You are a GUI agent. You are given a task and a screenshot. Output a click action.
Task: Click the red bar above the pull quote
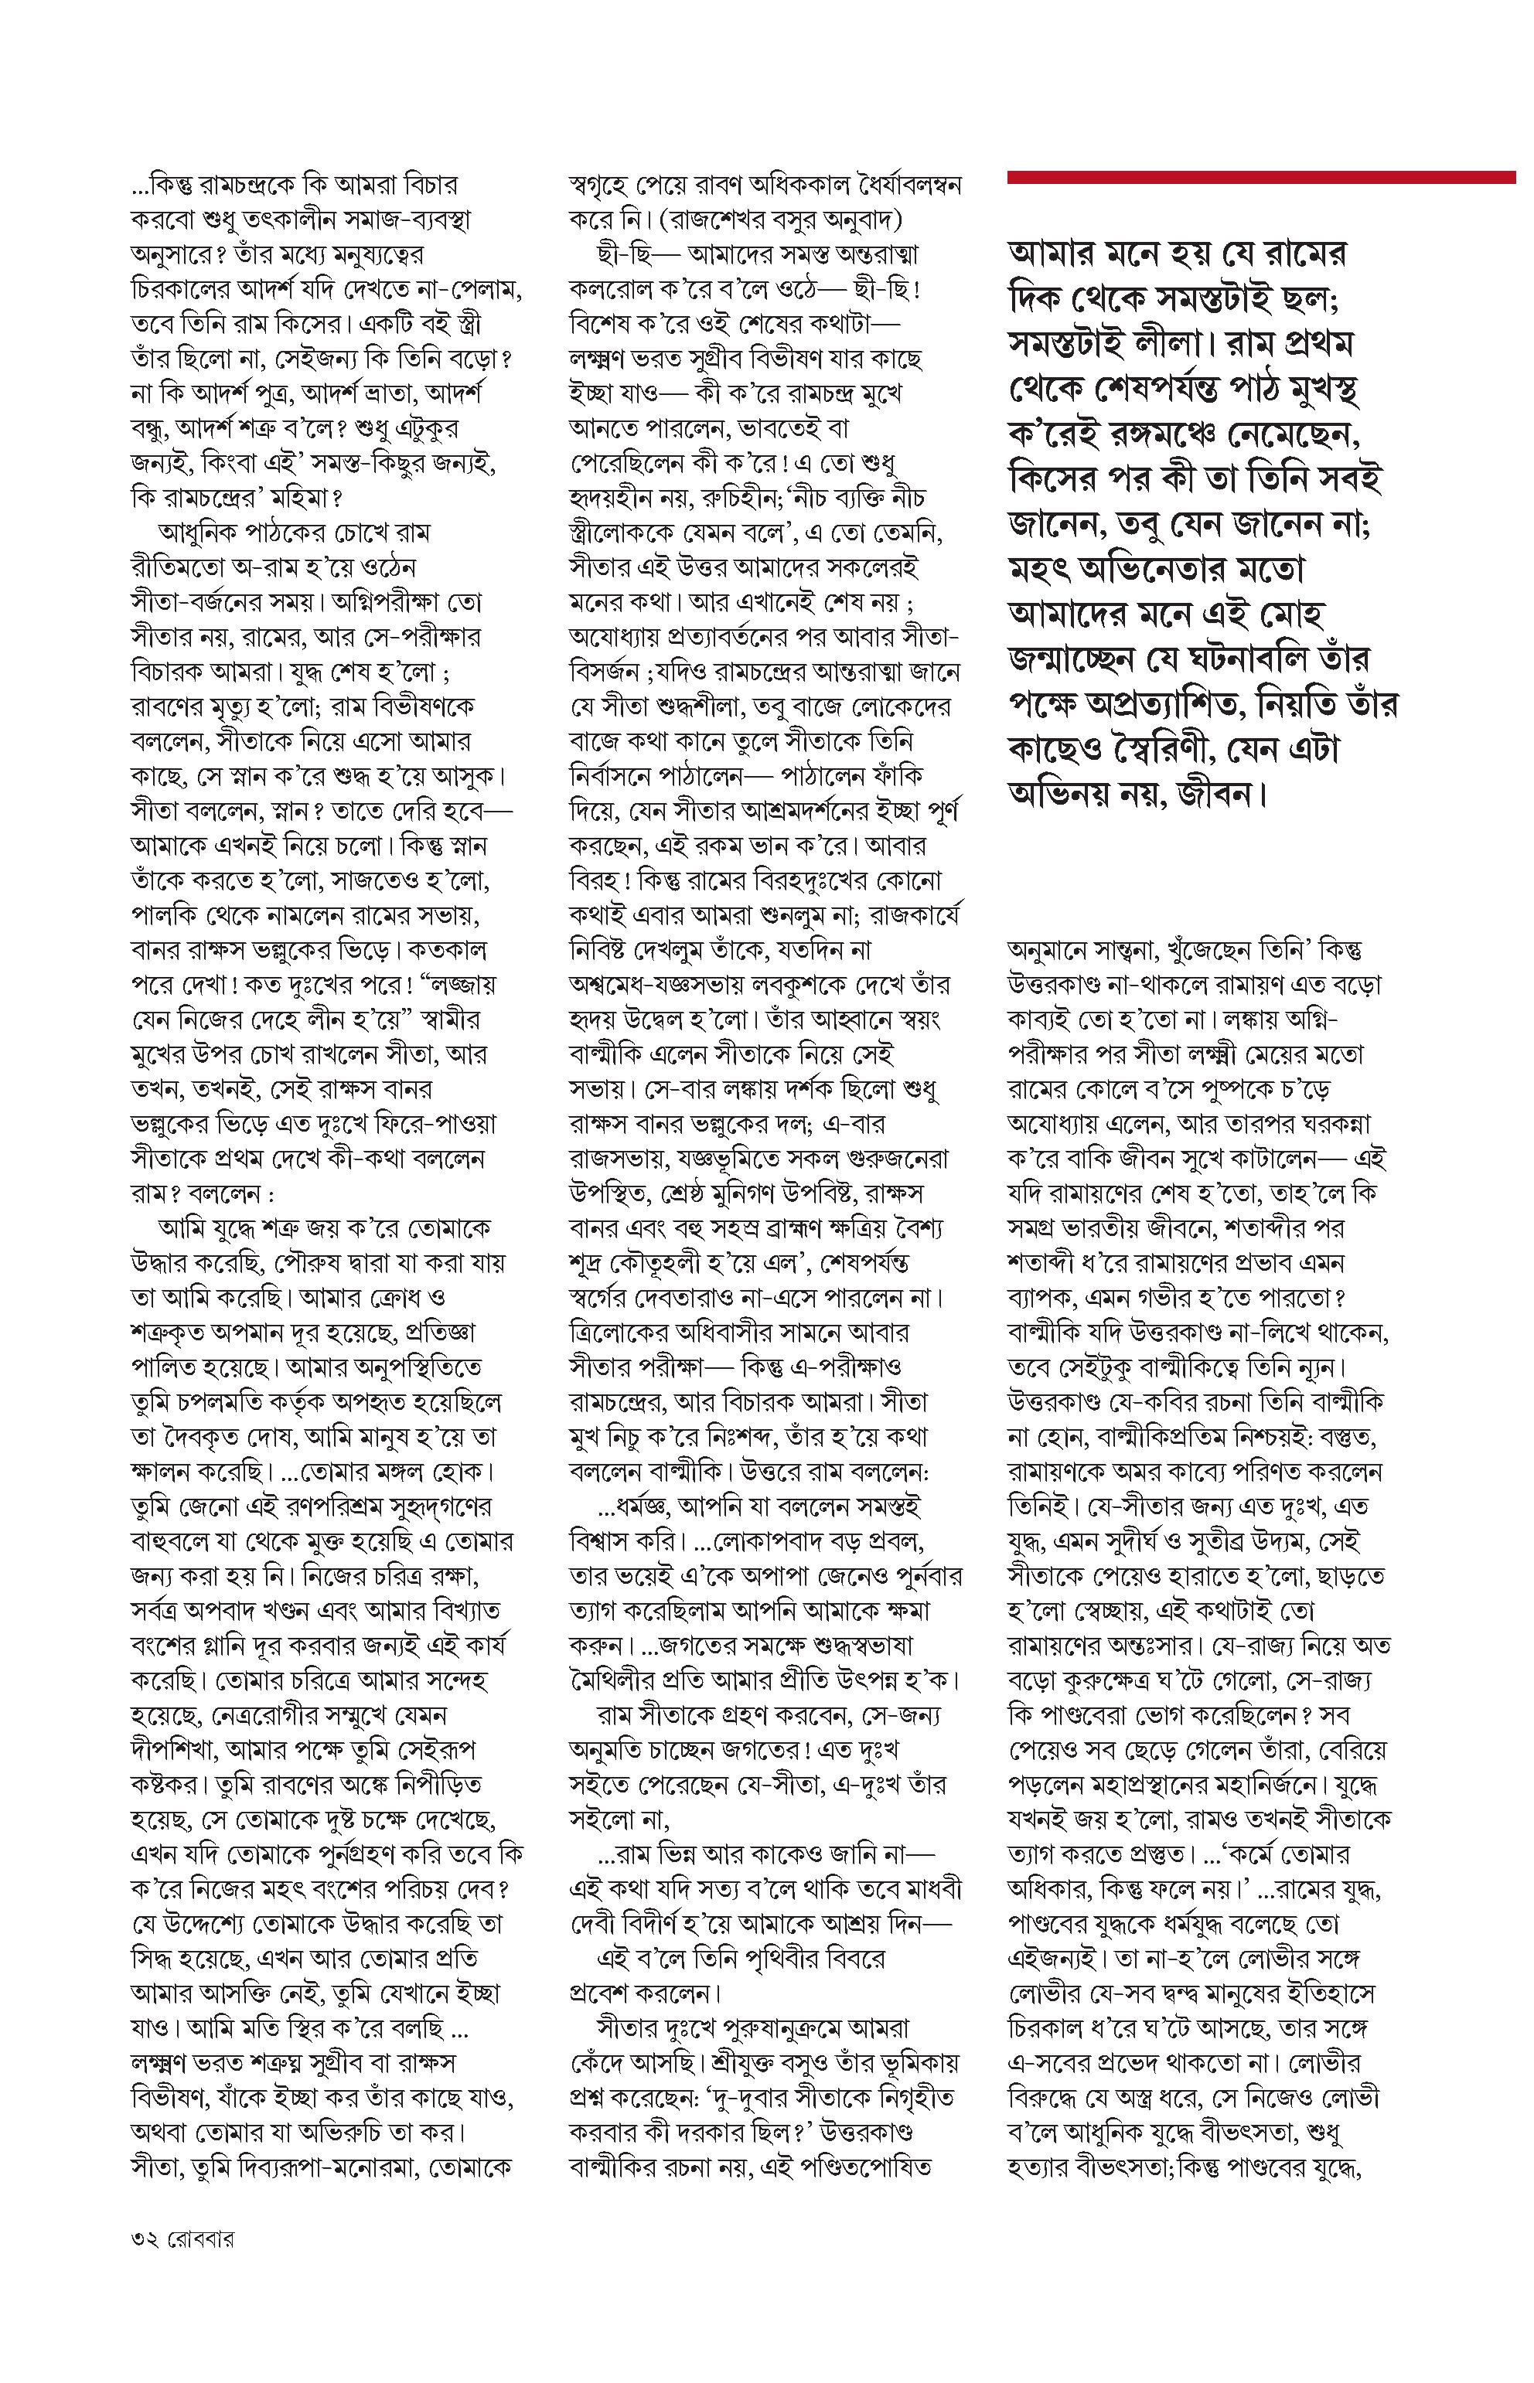tap(1260, 177)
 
